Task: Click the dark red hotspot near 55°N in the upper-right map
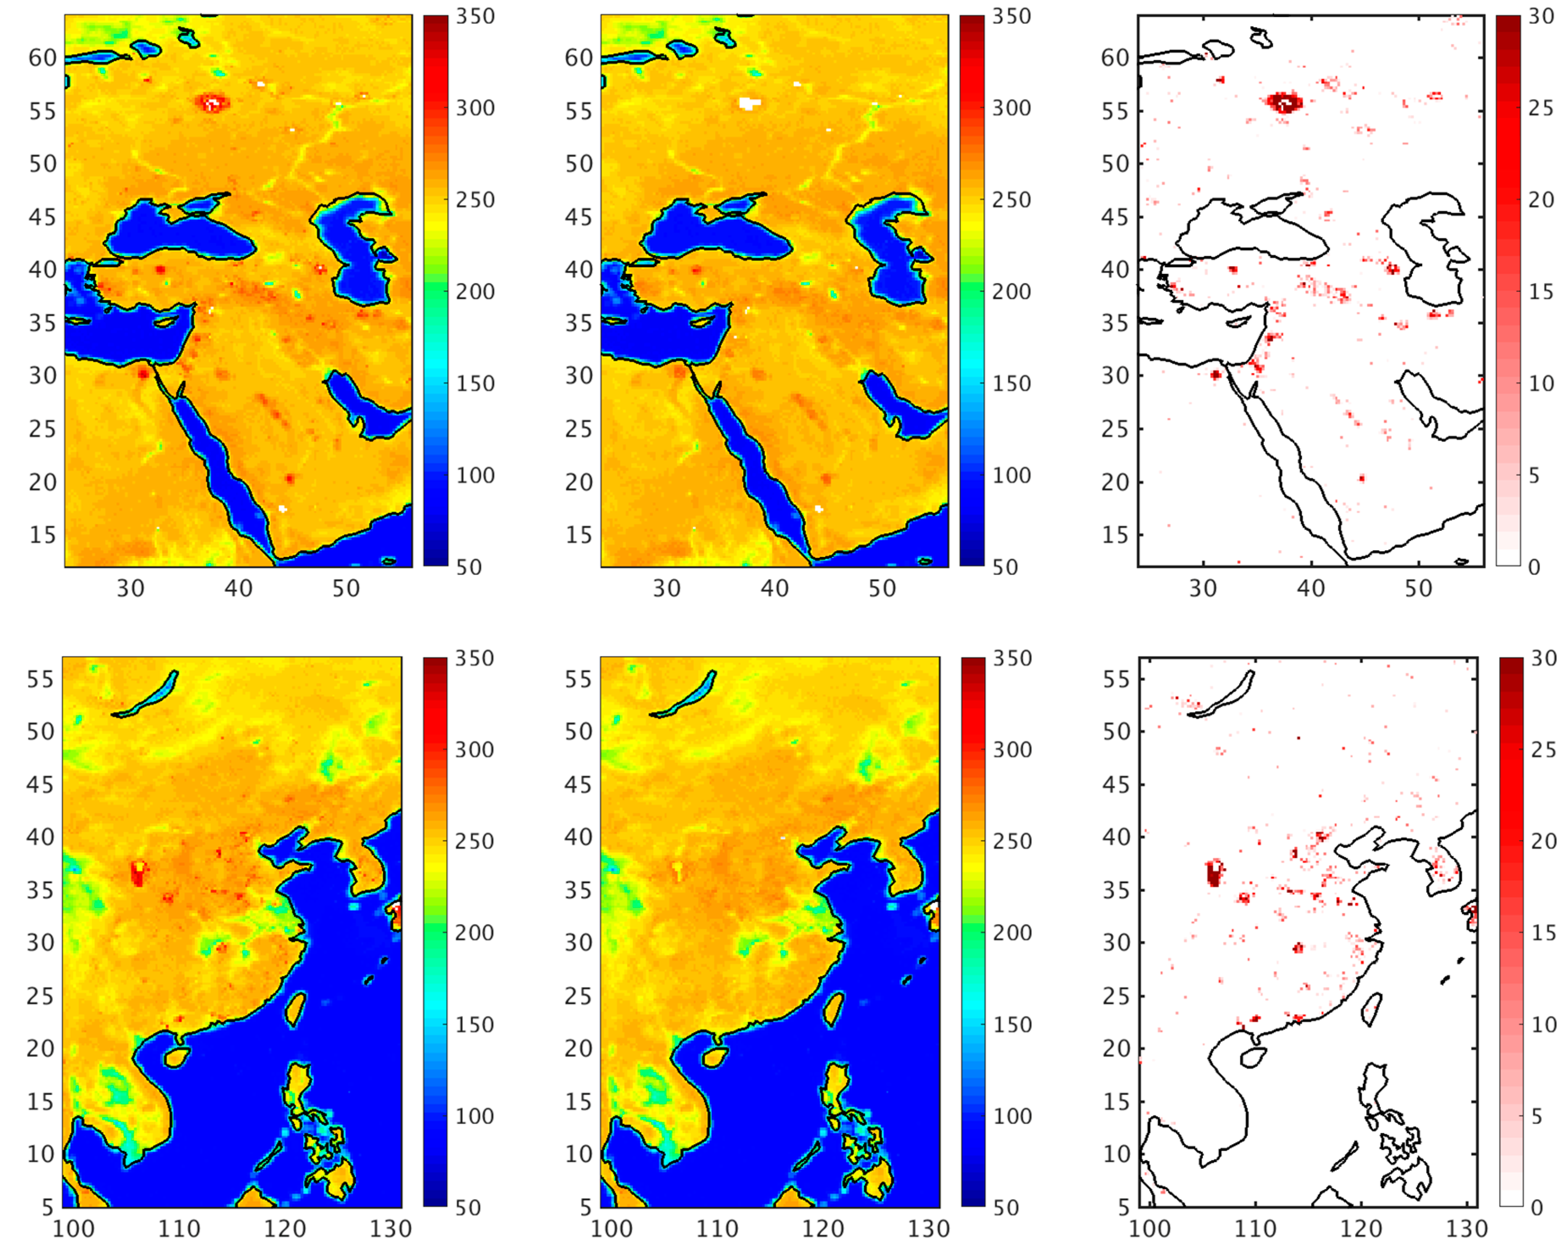(x=1284, y=103)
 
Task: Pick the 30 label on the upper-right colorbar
(x=1541, y=16)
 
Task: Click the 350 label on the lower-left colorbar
(x=474, y=658)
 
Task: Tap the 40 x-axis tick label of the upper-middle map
(x=774, y=588)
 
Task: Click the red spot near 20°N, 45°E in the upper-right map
(x=1361, y=478)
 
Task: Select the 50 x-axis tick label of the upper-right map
(x=1418, y=588)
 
